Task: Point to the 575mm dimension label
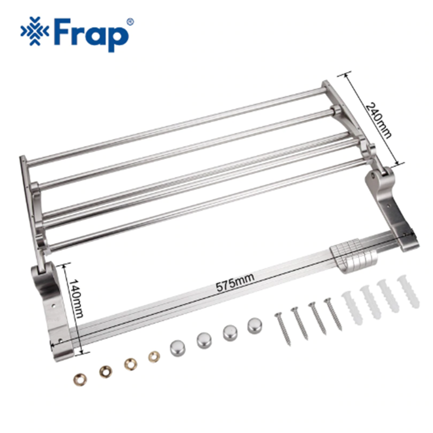[235, 281]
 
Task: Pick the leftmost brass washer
[81, 378]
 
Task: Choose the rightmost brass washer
[154, 356]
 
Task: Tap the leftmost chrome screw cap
[176, 349]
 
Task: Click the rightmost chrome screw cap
[255, 327]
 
